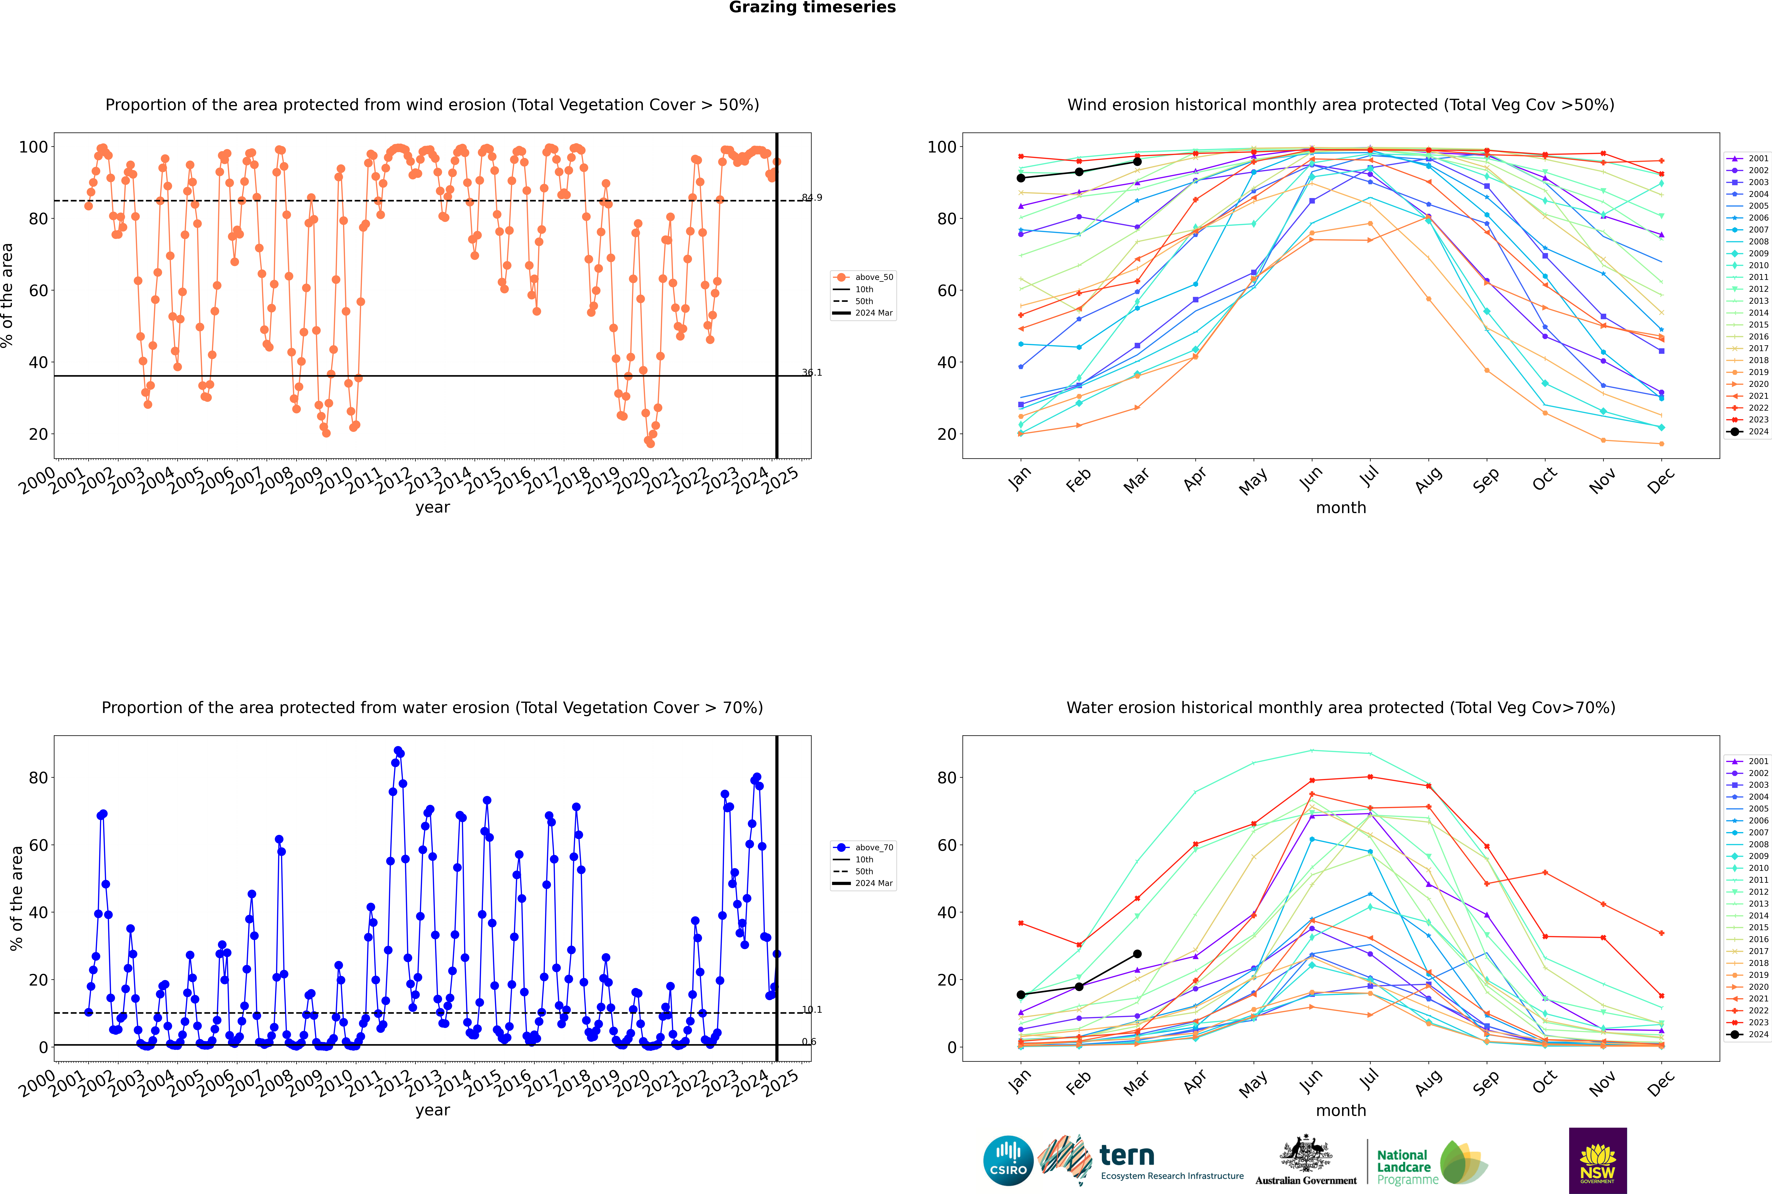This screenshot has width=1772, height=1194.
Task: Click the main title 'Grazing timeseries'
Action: [812, 8]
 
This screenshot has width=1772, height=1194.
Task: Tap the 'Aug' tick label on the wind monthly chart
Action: [1428, 480]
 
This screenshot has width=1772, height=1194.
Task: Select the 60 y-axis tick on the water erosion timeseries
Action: [38, 845]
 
